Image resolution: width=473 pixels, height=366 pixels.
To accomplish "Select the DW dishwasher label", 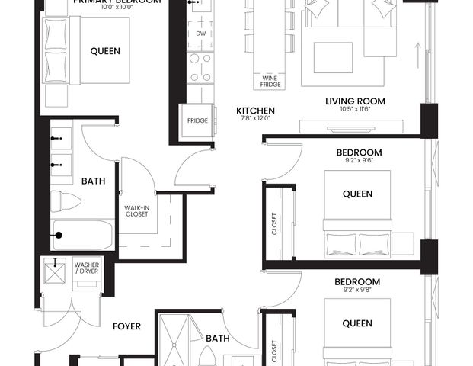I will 200,34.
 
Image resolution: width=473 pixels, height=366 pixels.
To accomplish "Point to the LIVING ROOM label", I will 355,101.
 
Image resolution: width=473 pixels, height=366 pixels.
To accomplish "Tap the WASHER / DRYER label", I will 87,268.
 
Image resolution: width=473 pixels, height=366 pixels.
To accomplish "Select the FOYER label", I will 126,326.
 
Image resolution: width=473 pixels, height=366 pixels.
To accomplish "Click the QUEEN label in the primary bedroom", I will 105,52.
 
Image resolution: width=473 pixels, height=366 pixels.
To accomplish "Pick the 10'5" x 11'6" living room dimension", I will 355,110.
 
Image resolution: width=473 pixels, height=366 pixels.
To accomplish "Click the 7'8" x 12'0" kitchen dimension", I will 255,119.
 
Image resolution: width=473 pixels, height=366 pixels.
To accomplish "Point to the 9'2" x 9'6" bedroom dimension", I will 359,161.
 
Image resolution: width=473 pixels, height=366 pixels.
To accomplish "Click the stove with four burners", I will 201,66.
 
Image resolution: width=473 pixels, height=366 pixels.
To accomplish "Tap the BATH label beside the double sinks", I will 94,181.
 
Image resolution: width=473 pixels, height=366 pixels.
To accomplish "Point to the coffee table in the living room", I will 333,56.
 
